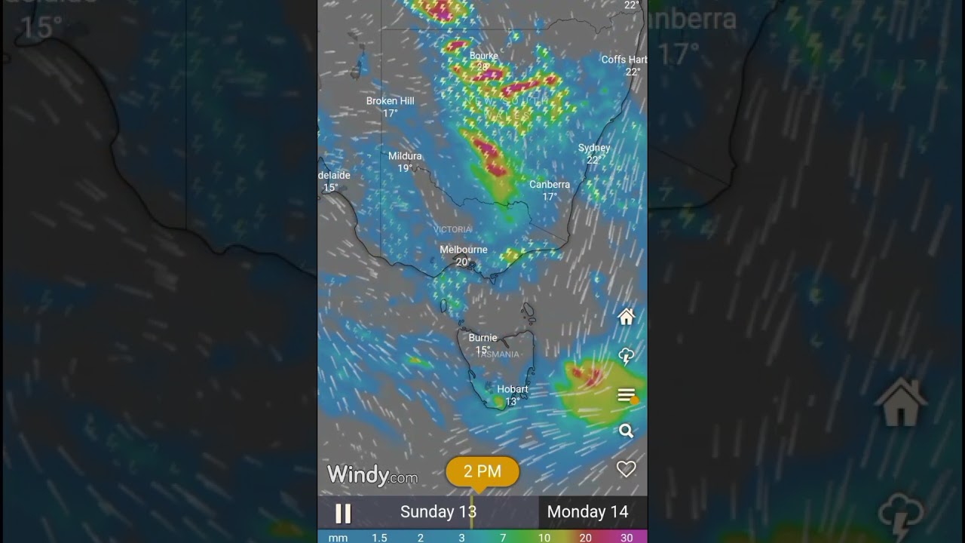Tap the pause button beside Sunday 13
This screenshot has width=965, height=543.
click(x=343, y=513)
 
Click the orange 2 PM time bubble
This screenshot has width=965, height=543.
click(x=482, y=472)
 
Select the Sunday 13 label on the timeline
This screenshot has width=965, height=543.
click(x=438, y=512)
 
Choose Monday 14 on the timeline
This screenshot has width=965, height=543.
click(x=587, y=512)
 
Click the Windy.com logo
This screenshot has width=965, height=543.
click(x=372, y=475)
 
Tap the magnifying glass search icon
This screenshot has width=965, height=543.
click(x=626, y=431)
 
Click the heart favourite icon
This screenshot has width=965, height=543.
click(x=626, y=469)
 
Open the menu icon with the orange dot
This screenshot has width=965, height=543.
click(x=626, y=395)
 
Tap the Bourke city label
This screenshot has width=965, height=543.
click(x=484, y=56)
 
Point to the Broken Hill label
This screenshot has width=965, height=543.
click(x=390, y=101)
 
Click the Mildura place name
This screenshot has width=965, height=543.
click(x=405, y=156)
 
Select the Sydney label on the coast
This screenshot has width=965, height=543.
click(x=594, y=148)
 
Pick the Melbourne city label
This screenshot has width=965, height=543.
click(x=464, y=250)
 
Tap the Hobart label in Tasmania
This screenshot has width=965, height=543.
click(x=513, y=389)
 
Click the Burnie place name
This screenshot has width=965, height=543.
click(x=482, y=338)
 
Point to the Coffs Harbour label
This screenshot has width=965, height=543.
click(x=624, y=60)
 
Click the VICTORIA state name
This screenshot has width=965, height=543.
click(x=452, y=229)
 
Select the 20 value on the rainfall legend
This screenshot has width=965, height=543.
click(x=585, y=538)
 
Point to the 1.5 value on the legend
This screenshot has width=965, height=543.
click(x=379, y=538)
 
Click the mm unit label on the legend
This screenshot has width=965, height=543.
click(x=338, y=538)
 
